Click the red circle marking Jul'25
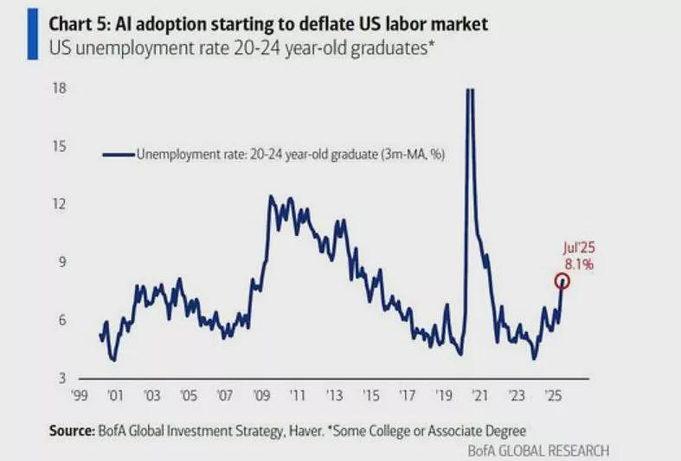pyautogui.click(x=562, y=274)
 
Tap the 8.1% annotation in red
pyautogui.click(x=579, y=265)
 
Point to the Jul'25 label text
pyautogui.click(x=579, y=247)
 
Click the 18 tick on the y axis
pyautogui.click(x=60, y=88)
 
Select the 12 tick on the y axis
pyautogui.click(x=60, y=203)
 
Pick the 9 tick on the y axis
pyautogui.click(x=63, y=262)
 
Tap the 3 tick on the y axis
pyautogui.click(x=62, y=378)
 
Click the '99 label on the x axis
pyautogui.click(x=79, y=395)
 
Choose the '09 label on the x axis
pyautogui.click(x=261, y=395)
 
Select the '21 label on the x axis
pyautogui.click(x=480, y=395)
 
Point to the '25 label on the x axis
pyautogui.click(x=553, y=395)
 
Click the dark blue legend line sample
pyautogui.click(x=119, y=155)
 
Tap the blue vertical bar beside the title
pyautogui.click(x=33, y=35)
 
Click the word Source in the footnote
pyautogui.click(x=72, y=431)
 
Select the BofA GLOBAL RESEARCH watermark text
pyautogui.click(x=538, y=450)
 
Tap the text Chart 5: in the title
pyautogui.click(x=80, y=24)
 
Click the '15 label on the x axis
pyautogui.click(x=371, y=395)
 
